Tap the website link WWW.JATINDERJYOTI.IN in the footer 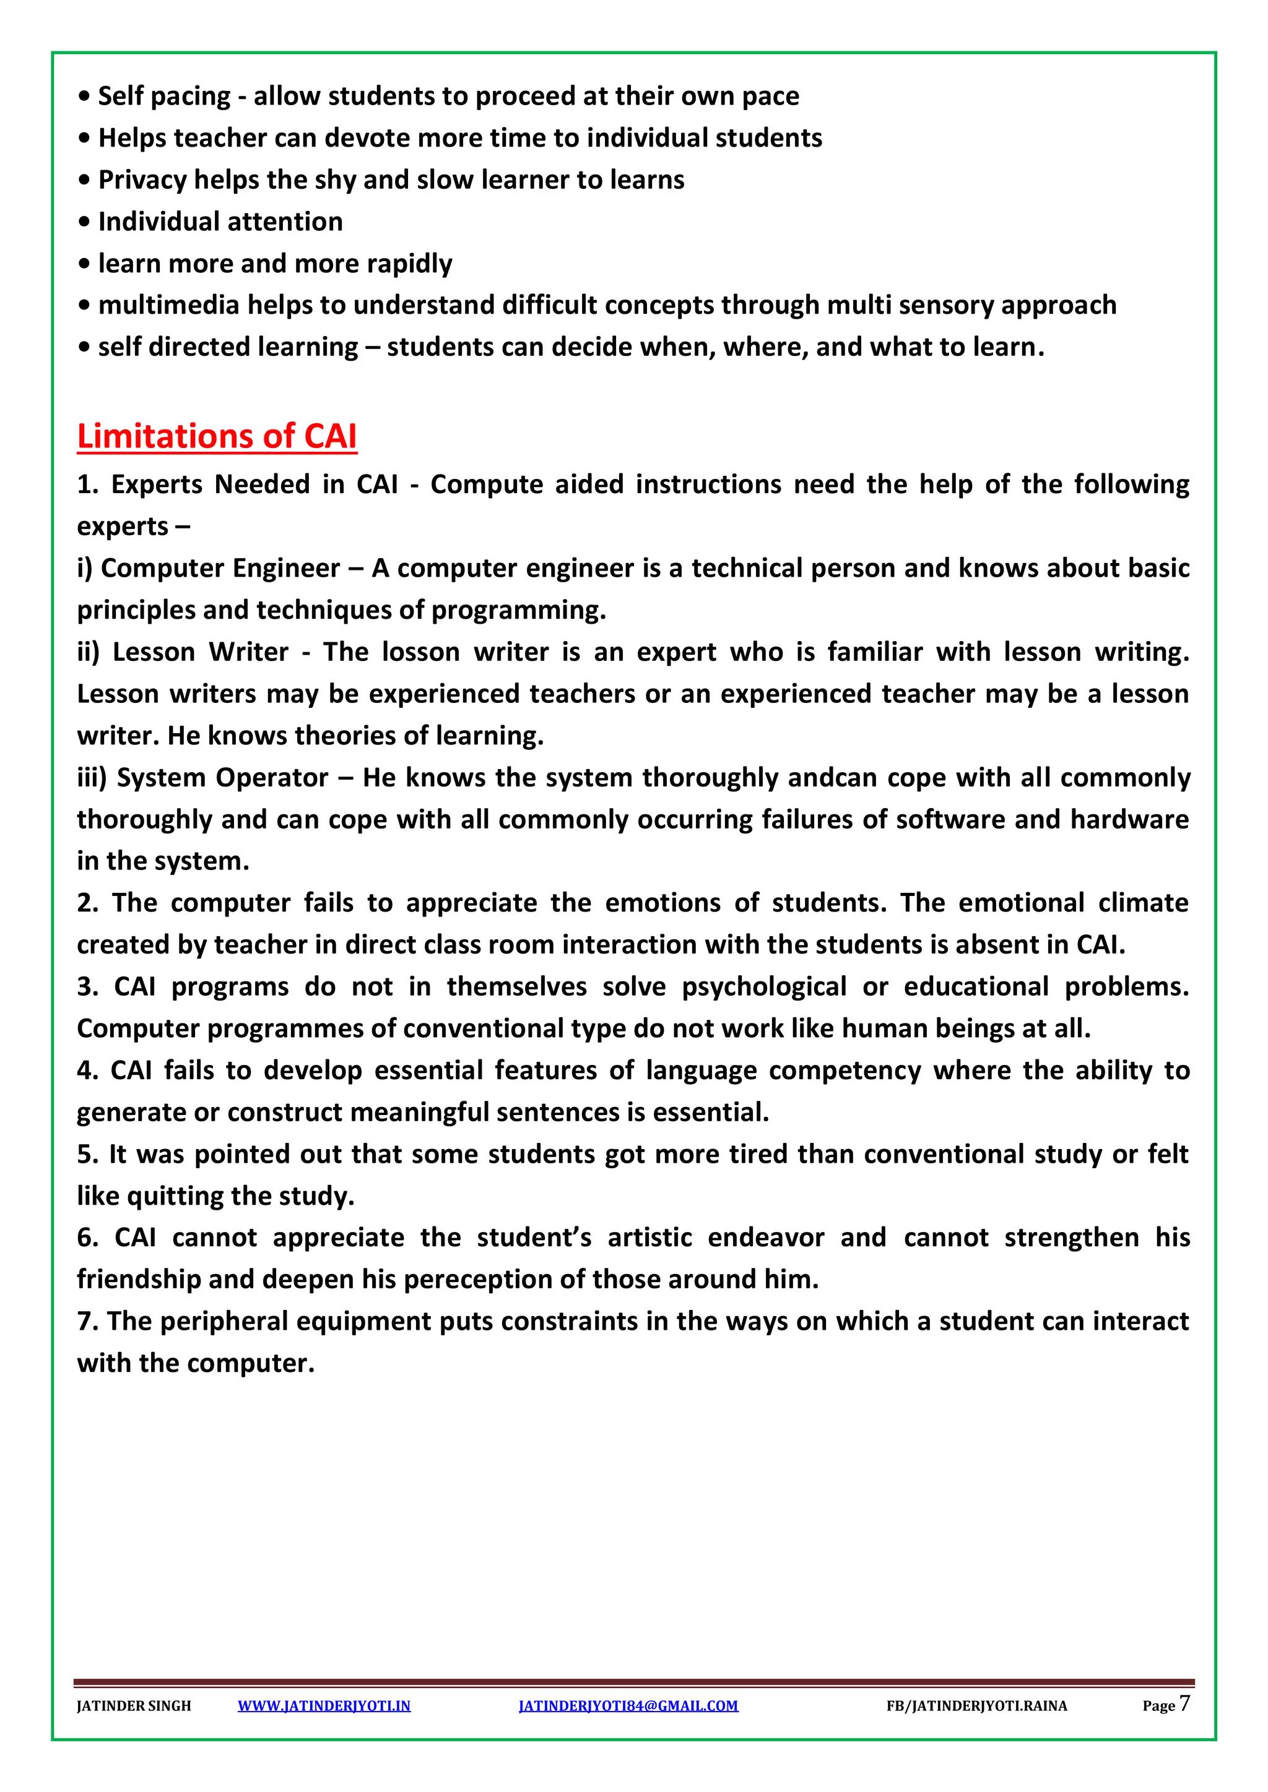(324, 1705)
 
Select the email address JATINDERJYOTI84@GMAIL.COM (628, 1705)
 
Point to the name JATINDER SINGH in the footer (134, 1705)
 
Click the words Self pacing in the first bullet (164, 96)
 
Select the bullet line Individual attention (220, 222)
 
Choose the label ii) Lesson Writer (183, 652)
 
